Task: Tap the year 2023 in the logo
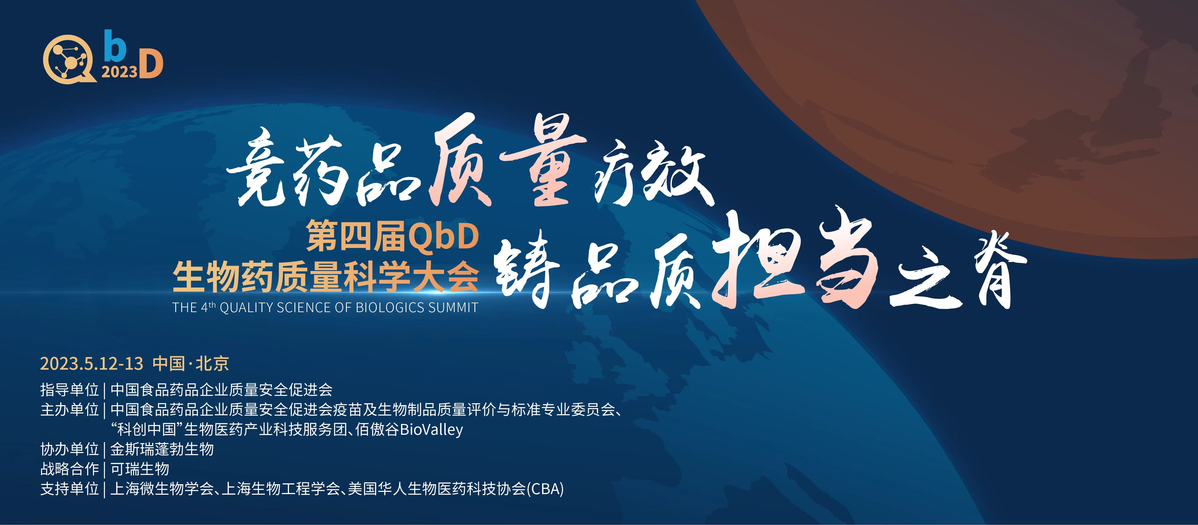tap(120, 71)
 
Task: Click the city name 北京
tap(212, 363)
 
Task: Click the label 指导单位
tap(70, 389)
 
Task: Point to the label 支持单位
tap(70, 489)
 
